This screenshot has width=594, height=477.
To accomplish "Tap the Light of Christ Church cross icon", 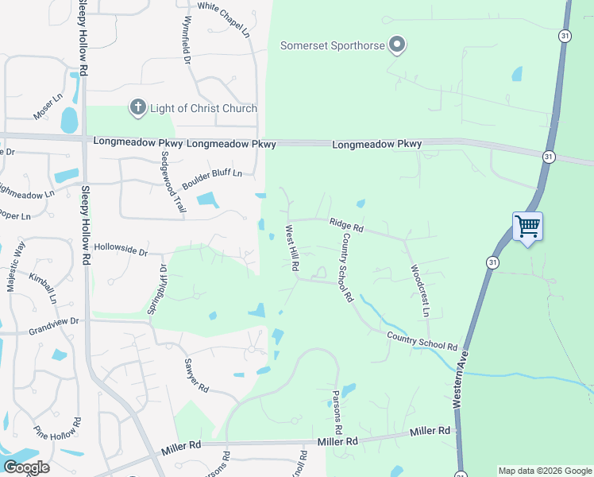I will [x=137, y=108].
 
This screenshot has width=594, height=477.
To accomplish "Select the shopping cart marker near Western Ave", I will [x=527, y=227].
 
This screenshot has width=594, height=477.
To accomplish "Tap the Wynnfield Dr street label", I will [x=188, y=40].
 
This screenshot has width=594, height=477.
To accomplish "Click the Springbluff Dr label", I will [x=156, y=289].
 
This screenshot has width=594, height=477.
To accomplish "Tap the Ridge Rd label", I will [x=346, y=227].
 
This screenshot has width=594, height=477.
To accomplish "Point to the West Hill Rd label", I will [x=291, y=248].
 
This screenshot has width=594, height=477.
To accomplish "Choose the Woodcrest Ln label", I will [x=418, y=291].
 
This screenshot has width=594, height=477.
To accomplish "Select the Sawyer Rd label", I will [x=196, y=376].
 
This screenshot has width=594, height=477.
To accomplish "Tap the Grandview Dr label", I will [x=54, y=322].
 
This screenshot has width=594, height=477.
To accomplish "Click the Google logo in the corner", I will [x=26, y=467].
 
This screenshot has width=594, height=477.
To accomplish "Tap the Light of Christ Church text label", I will [x=203, y=108].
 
